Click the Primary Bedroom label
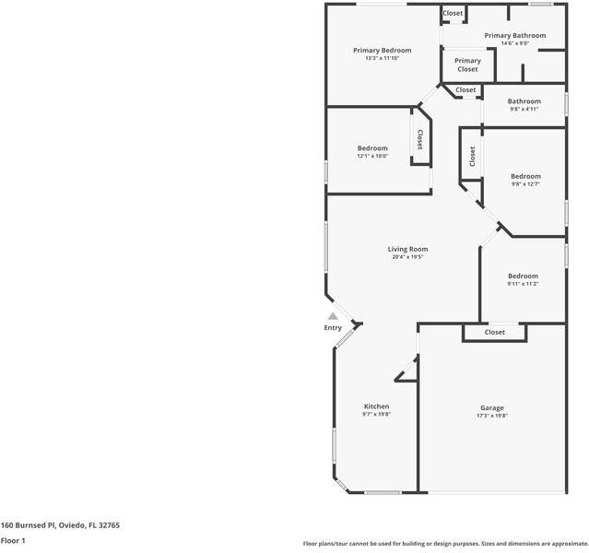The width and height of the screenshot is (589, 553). click(x=382, y=51)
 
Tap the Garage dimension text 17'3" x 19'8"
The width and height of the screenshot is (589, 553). click(x=492, y=416)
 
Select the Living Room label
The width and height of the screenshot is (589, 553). click(x=407, y=249)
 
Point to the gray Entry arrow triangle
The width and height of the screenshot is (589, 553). click(x=333, y=316)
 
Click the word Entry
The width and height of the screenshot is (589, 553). click(x=333, y=327)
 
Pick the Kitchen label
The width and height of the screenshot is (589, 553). click(x=376, y=406)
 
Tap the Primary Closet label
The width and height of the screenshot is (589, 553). click(x=467, y=65)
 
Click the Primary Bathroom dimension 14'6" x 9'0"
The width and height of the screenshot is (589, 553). click(x=515, y=43)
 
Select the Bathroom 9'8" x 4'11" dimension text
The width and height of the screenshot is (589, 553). click(x=524, y=109)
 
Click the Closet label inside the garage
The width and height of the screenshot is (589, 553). click(x=495, y=332)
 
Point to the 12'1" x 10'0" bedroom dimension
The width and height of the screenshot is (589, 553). click(x=372, y=156)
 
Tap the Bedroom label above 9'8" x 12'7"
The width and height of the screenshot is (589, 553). click(x=525, y=176)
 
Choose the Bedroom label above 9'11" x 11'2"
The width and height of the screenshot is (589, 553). click(x=523, y=276)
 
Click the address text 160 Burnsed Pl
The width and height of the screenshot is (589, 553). click(x=29, y=525)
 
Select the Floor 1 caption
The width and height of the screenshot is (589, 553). click(x=13, y=541)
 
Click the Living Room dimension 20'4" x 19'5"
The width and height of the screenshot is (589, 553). click(x=407, y=257)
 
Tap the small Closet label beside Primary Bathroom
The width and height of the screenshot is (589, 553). click(x=453, y=13)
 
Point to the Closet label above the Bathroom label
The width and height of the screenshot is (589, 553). click(x=465, y=89)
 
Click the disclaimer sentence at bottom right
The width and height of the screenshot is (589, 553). click(x=446, y=544)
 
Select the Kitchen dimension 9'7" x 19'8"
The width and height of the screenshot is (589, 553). click(x=376, y=414)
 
